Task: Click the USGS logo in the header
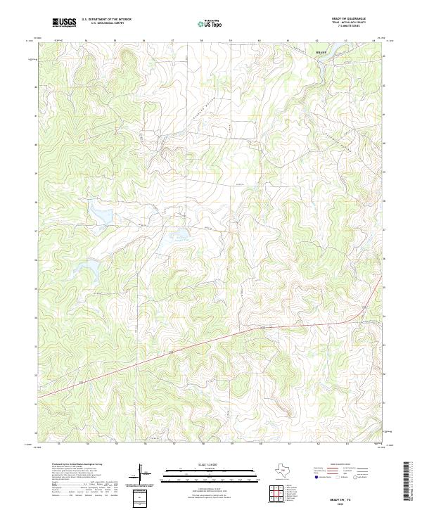tap(65, 23)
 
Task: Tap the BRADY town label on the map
tap(321, 52)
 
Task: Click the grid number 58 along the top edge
tap(202, 41)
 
